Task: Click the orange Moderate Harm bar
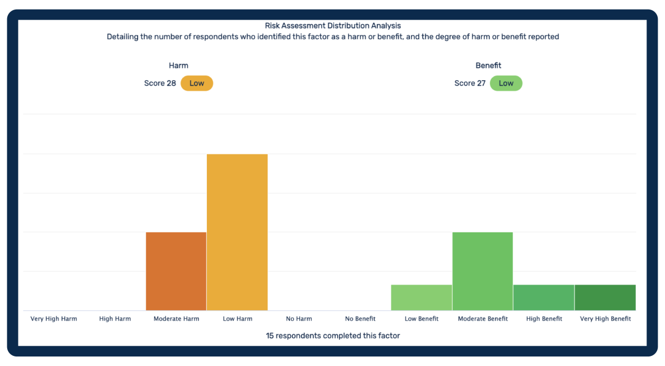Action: (x=176, y=271)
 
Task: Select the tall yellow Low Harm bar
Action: (x=237, y=232)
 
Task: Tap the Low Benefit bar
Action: (x=422, y=298)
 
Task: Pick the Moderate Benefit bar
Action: (x=483, y=271)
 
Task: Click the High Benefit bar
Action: (x=544, y=298)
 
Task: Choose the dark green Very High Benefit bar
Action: (x=605, y=298)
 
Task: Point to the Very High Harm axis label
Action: (x=54, y=319)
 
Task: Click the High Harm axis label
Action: (x=115, y=319)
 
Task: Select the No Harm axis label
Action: (x=299, y=319)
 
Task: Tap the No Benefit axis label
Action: (x=361, y=319)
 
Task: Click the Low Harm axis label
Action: (x=238, y=319)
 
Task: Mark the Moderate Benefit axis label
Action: (x=483, y=319)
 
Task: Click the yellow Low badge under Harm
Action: (x=197, y=83)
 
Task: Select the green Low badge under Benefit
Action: (x=506, y=83)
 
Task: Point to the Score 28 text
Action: (x=160, y=83)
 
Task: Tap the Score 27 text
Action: (x=470, y=83)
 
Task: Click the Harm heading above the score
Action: (x=178, y=66)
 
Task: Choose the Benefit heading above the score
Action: (x=488, y=66)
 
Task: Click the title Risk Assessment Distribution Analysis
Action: (x=332, y=26)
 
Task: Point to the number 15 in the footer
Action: (x=270, y=336)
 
